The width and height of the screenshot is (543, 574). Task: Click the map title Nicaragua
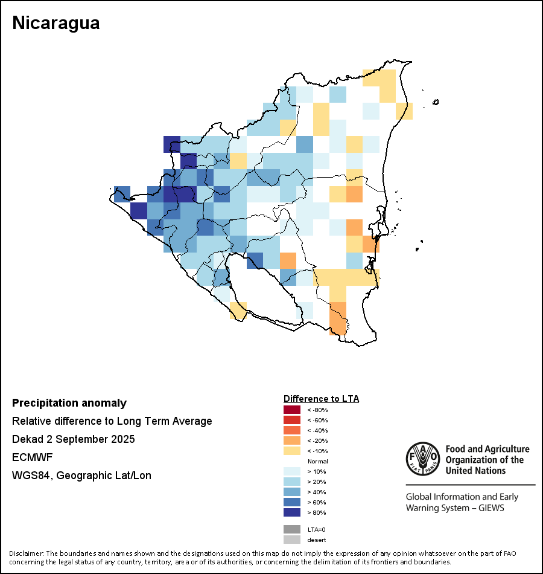click(56, 23)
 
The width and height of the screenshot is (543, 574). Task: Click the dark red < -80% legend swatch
click(292, 410)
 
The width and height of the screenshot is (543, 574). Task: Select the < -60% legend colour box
click(292, 421)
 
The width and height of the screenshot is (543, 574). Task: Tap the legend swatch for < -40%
click(292, 431)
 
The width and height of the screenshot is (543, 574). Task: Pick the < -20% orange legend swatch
click(292, 441)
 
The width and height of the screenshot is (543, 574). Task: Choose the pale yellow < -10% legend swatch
click(292, 451)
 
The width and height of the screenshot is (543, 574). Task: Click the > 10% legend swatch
click(292, 472)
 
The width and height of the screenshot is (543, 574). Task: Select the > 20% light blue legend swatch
click(292, 482)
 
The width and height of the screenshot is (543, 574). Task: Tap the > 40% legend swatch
click(292, 492)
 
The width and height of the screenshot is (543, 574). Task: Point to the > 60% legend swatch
click(292, 503)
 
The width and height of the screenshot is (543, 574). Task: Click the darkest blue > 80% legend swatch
click(292, 513)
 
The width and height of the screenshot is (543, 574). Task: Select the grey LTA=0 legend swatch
click(292, 529)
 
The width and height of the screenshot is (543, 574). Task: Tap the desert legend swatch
click(292, 540)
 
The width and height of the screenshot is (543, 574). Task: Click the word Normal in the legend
click(317, 462)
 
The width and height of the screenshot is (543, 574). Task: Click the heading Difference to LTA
click(321, 399)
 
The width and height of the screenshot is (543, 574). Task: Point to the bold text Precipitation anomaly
click(69, 403)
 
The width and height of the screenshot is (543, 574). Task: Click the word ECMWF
click(32, 457)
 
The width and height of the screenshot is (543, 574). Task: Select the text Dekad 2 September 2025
click(73, 439)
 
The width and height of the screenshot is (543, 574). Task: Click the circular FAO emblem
click(422, 460)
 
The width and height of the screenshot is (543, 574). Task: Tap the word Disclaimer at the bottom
click(26, 553)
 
